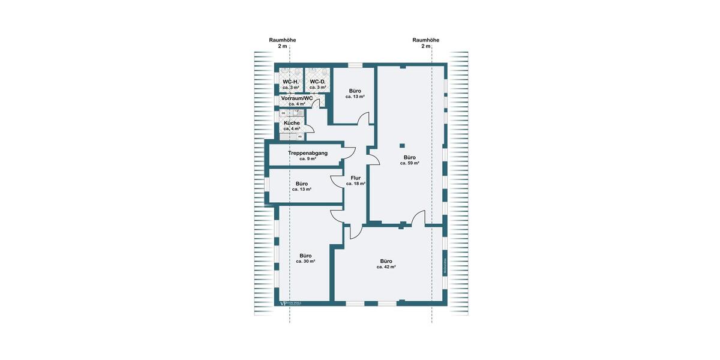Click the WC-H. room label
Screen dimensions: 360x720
[x=291, y=82]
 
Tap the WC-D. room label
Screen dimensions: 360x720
[x=317, y=82]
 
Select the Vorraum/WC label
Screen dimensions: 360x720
[x=297, y=98]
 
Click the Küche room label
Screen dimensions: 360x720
[x=292, y=123]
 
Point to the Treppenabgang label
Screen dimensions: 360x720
[x=308, y=154]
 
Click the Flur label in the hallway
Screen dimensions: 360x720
[x=356, y=178]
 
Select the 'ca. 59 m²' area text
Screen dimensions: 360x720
[x=410, y=163]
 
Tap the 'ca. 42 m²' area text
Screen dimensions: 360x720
[x=386, y=267]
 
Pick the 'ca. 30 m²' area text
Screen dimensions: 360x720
[x=305, y=262]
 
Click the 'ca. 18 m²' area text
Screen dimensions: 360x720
[x=356, y=184]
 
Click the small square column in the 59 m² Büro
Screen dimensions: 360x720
[x=402, y=145]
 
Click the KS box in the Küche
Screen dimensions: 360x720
[x=300, y=136]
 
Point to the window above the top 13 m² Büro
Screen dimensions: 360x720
[x=355, y=65]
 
